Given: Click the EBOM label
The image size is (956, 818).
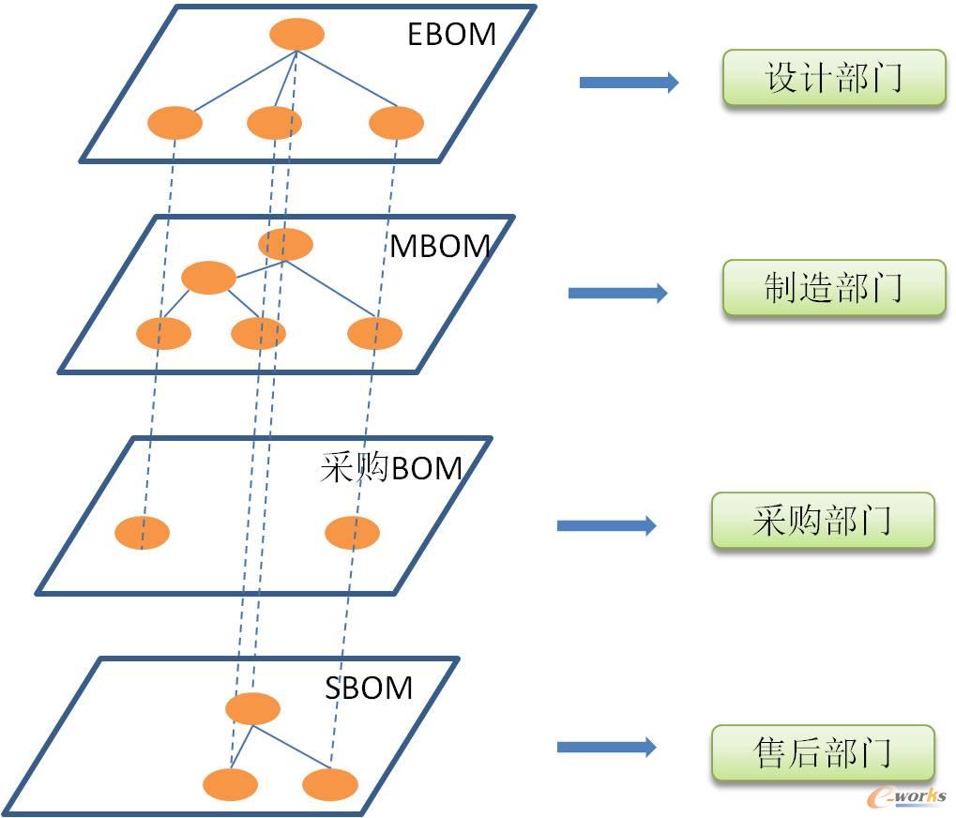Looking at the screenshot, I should point(451,34).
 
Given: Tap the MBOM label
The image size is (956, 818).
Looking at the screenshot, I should point(440,247).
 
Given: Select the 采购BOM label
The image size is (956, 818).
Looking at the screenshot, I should point(391,466).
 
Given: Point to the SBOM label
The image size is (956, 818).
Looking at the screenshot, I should point(369,688).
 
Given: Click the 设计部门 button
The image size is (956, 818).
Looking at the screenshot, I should point(833,78).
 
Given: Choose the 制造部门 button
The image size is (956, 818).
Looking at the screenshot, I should point(833,287).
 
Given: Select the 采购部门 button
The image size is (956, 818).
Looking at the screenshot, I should point(823,520).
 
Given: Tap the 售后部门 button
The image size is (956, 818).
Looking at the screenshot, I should point(823,752).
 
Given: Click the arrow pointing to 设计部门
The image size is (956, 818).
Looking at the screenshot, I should point(629,83).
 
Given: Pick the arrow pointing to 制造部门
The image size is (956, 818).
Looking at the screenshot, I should point(617,293).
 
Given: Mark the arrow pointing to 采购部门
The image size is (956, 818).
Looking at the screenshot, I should point(606,525).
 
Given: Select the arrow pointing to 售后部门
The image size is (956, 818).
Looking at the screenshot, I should point(606,747).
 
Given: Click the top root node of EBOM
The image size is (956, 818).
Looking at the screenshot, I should point(296,35).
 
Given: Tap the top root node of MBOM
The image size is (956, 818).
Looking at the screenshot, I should point(285,244).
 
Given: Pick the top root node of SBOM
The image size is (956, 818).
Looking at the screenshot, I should point(252,708).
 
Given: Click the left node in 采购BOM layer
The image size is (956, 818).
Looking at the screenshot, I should point(142,533).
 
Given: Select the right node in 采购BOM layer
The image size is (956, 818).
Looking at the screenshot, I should point(352,533).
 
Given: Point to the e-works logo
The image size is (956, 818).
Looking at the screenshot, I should point(907,795).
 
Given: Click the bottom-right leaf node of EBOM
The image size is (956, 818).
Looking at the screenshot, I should point(396,123).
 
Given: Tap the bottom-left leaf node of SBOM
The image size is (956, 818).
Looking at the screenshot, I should point(230,784).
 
